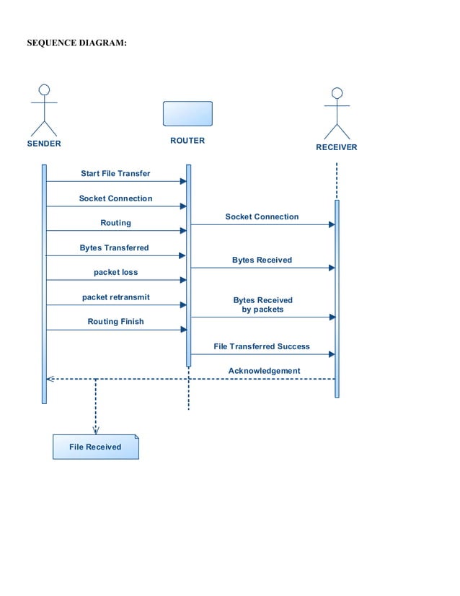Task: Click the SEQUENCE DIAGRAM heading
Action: [76, 43]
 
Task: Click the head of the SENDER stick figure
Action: [44, 89]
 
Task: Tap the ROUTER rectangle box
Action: [187, 114]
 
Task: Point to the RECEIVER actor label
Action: [336, 147]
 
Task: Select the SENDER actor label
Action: [44, 144]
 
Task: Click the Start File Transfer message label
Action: [115, 174]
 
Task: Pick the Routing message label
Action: [115, 223]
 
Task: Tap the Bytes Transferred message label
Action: [114, 247]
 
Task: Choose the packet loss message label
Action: [115, 273]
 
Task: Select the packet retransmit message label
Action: [115, 297]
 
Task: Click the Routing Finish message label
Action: [115, 322]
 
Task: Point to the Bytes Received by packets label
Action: [262, 304]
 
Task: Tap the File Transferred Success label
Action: [262, 346]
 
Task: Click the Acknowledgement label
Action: [264, 371]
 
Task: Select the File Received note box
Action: [95, 447]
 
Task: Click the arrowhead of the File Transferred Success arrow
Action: [332, 354]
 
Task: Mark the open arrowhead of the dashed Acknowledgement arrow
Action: [50, 379]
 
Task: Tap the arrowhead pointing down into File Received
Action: [96, 430]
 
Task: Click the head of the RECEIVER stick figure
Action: [336, 93]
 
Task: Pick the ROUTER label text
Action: [187, 141]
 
